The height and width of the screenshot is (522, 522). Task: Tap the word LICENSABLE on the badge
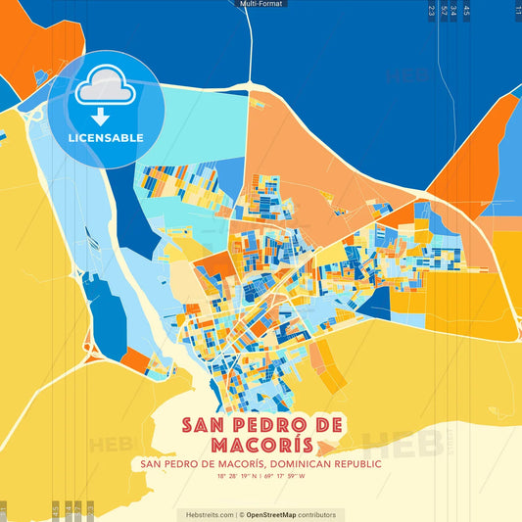(x=105, y=137)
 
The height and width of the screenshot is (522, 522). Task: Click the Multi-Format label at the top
(x=261, y=5)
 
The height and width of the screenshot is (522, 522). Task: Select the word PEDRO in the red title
(x=268, y=425)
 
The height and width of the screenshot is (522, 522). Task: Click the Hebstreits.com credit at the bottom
(x=206, y=514)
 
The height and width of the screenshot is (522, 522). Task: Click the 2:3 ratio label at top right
(x=431, y=10)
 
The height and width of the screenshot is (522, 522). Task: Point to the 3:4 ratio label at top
(x=453, y=10)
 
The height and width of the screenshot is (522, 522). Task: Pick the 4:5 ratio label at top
(x=466, y=10)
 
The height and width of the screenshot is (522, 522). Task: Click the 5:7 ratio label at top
(x=444, y=10)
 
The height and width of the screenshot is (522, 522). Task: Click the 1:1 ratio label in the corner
(x=517, y=10)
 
